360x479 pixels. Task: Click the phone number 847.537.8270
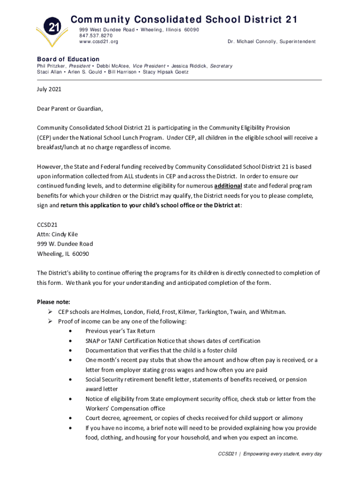[x=96, y=36]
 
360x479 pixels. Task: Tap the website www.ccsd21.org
[x=98, y=42]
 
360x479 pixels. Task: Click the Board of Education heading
[x=68, y=59]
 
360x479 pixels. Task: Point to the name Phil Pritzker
[x=52, y=66]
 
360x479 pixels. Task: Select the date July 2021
[x=49, y=89]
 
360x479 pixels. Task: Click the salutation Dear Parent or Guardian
[x=70, y=109]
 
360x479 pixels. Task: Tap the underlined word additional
[x=228, y=186]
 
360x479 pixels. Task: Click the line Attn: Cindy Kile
[x=58, y=234]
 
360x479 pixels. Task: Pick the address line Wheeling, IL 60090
[x=63, y=254]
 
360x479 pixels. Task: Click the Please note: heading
[x=53, y=302]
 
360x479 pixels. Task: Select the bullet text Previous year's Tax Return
[x=120, y=331]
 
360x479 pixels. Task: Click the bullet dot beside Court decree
[x=70, y=418]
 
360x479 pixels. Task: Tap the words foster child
[x=221, y=350]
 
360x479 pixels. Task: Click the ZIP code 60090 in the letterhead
[x=192, y=30]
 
